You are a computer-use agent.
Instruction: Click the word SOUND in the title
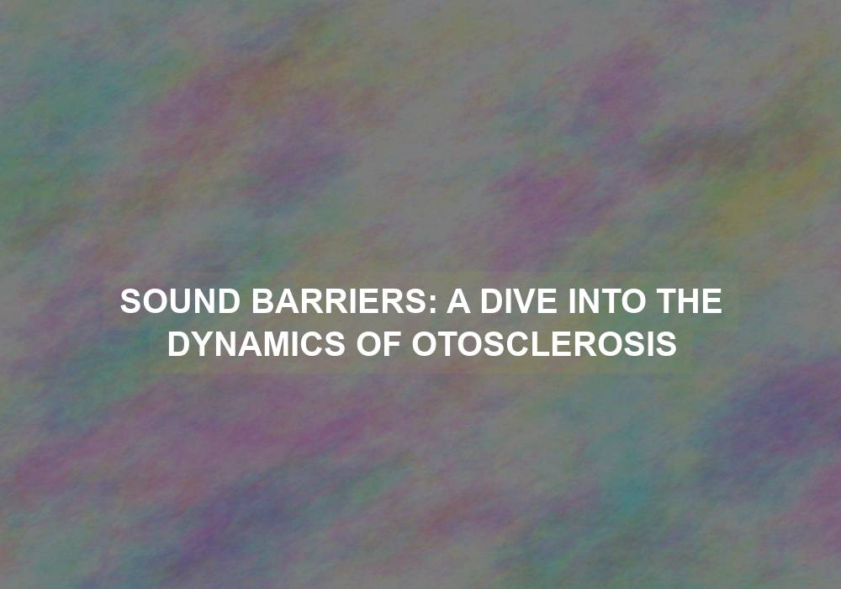coord(180,301)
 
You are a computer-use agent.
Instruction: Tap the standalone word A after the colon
coord(458,301)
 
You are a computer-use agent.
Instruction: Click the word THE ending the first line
coord(690,301)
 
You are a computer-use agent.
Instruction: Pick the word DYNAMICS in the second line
coord(257,344)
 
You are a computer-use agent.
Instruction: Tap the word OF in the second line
coord(378,344)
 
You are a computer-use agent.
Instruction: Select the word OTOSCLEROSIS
coord(544,344)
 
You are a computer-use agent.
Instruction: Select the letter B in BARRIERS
coord(262,301)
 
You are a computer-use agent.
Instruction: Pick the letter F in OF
coord(392,344)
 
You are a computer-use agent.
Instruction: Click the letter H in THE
coord(690,301)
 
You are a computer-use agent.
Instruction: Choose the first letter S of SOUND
coord(131,301)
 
